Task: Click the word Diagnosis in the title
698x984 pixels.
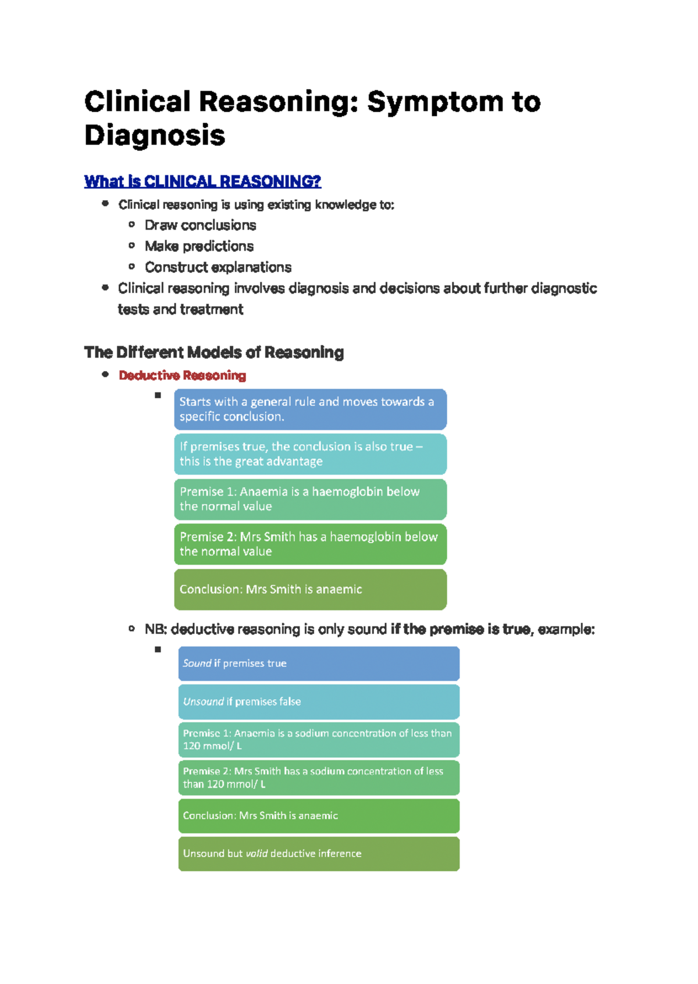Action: (x=155, y=136)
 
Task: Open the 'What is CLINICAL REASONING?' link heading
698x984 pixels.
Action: (x=202, y=181)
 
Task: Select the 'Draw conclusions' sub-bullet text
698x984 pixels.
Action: (x=200, y=225)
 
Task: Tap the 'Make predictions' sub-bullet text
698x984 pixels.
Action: (x=199, y=246)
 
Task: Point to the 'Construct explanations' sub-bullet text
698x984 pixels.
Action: (x=218, y=267)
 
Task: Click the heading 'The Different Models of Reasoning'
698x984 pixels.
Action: (x=213, y=352)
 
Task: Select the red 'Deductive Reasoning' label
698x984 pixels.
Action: (x=182, y=376)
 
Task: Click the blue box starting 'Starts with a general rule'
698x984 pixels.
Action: (x=310, y=409)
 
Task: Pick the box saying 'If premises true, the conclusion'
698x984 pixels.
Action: (x=310, y=454)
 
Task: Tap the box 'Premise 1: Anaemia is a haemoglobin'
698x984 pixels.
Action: (x=310, y=499)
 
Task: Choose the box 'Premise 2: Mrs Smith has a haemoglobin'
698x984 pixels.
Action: (x=310, y=544)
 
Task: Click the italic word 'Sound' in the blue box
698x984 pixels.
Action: (x=197, y=664)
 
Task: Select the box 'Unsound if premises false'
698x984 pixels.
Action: (x=319, y=702)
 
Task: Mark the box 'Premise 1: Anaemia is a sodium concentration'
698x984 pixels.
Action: (x=319, y=740)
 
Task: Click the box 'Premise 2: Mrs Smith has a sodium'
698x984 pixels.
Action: (x=319, y=778)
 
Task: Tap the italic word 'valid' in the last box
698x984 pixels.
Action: (x=257, y=854)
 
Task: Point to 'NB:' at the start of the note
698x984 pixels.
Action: (x=156, y=629)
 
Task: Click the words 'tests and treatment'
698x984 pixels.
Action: (x=180, y=309)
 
